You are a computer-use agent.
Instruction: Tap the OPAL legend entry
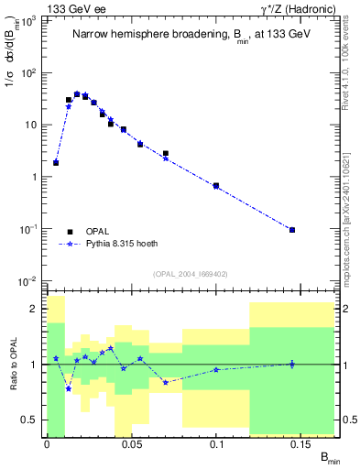click(x=82, y=232)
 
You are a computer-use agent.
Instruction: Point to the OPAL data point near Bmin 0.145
click(x=292, y=230)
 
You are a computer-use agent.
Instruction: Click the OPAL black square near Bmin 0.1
click(x=216, y=186)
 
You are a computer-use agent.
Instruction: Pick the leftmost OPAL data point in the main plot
click(x=56, y=163)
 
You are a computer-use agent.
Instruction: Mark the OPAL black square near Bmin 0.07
click(x=166, y=154)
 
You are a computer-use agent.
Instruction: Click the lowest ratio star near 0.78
click(x=69, y=388)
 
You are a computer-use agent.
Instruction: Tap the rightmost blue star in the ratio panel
click(x=292, y=364)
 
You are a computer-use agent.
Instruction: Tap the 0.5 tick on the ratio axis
click(x=32, y=420)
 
